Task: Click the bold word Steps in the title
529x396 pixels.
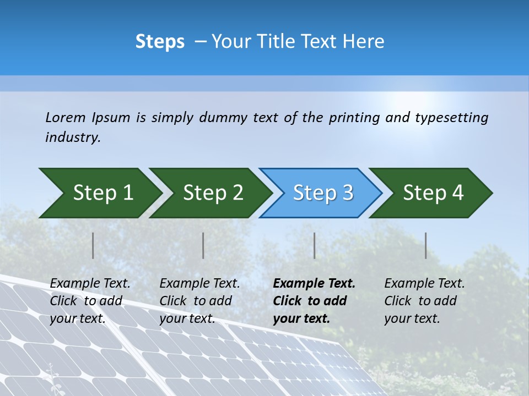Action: (160, 42)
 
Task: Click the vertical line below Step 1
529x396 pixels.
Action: (93, 245)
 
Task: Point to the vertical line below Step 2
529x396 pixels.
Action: (203, 245)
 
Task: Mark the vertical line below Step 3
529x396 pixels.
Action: (315, 245)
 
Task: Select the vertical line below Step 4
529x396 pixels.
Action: (426, 245)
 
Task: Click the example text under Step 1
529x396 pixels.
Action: (90, 301)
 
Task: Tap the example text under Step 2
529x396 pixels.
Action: (199, 301)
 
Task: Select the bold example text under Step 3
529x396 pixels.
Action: (314, 301)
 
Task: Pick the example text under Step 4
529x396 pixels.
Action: (424, 301)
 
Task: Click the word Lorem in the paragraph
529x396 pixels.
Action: (65, 117)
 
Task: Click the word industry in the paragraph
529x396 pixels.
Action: (72, 137)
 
